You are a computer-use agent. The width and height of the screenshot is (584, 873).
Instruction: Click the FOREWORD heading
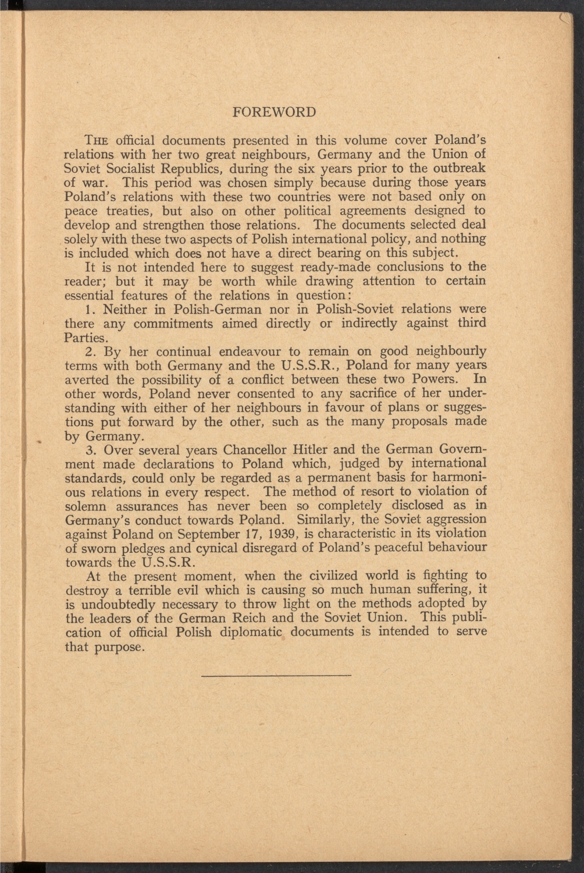(x=274, y=112)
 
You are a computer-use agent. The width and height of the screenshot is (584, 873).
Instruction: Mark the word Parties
(x=86, y=338)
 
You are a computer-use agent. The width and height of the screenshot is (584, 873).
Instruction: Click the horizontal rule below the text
(x=276, y=675)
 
